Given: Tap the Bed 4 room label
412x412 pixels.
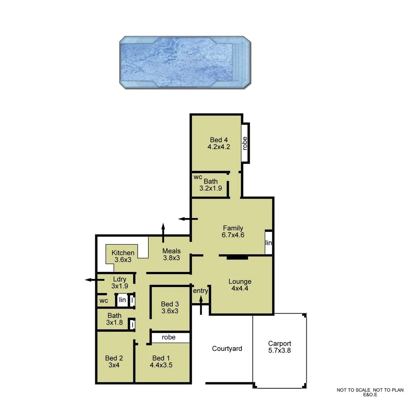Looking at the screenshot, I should [x=219, y=140].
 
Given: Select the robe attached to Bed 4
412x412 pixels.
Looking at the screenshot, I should [x=245, y=143].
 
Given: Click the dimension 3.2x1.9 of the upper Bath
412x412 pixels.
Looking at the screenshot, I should [x=211, y=188].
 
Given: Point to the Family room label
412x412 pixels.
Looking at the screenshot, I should [x=233, y=228].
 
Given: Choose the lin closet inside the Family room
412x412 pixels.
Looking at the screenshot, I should [x=269, y=243].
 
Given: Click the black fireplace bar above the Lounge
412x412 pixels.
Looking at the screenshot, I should [x=237, y=257].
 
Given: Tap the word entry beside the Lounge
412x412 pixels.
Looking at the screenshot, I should [x=200, y=291].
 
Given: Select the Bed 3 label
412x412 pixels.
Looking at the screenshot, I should [x=170, y=304].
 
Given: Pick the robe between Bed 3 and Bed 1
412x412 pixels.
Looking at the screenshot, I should [x=169, y=337].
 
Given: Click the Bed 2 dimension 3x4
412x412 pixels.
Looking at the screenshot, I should [x=114, y=365].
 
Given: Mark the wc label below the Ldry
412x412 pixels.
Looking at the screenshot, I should [x=104, y=301].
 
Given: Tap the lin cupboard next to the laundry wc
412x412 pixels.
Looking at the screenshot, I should [x=122, y=300].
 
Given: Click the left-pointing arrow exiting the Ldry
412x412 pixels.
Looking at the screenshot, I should [x=90, y=280].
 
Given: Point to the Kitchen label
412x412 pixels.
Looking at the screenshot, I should [x=123, y=253].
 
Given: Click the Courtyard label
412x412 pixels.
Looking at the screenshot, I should [x=227, y=348].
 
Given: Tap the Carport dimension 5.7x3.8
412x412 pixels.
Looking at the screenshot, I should [x=279, y=350].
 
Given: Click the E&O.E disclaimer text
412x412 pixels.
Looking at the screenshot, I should [x=370, y=395].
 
